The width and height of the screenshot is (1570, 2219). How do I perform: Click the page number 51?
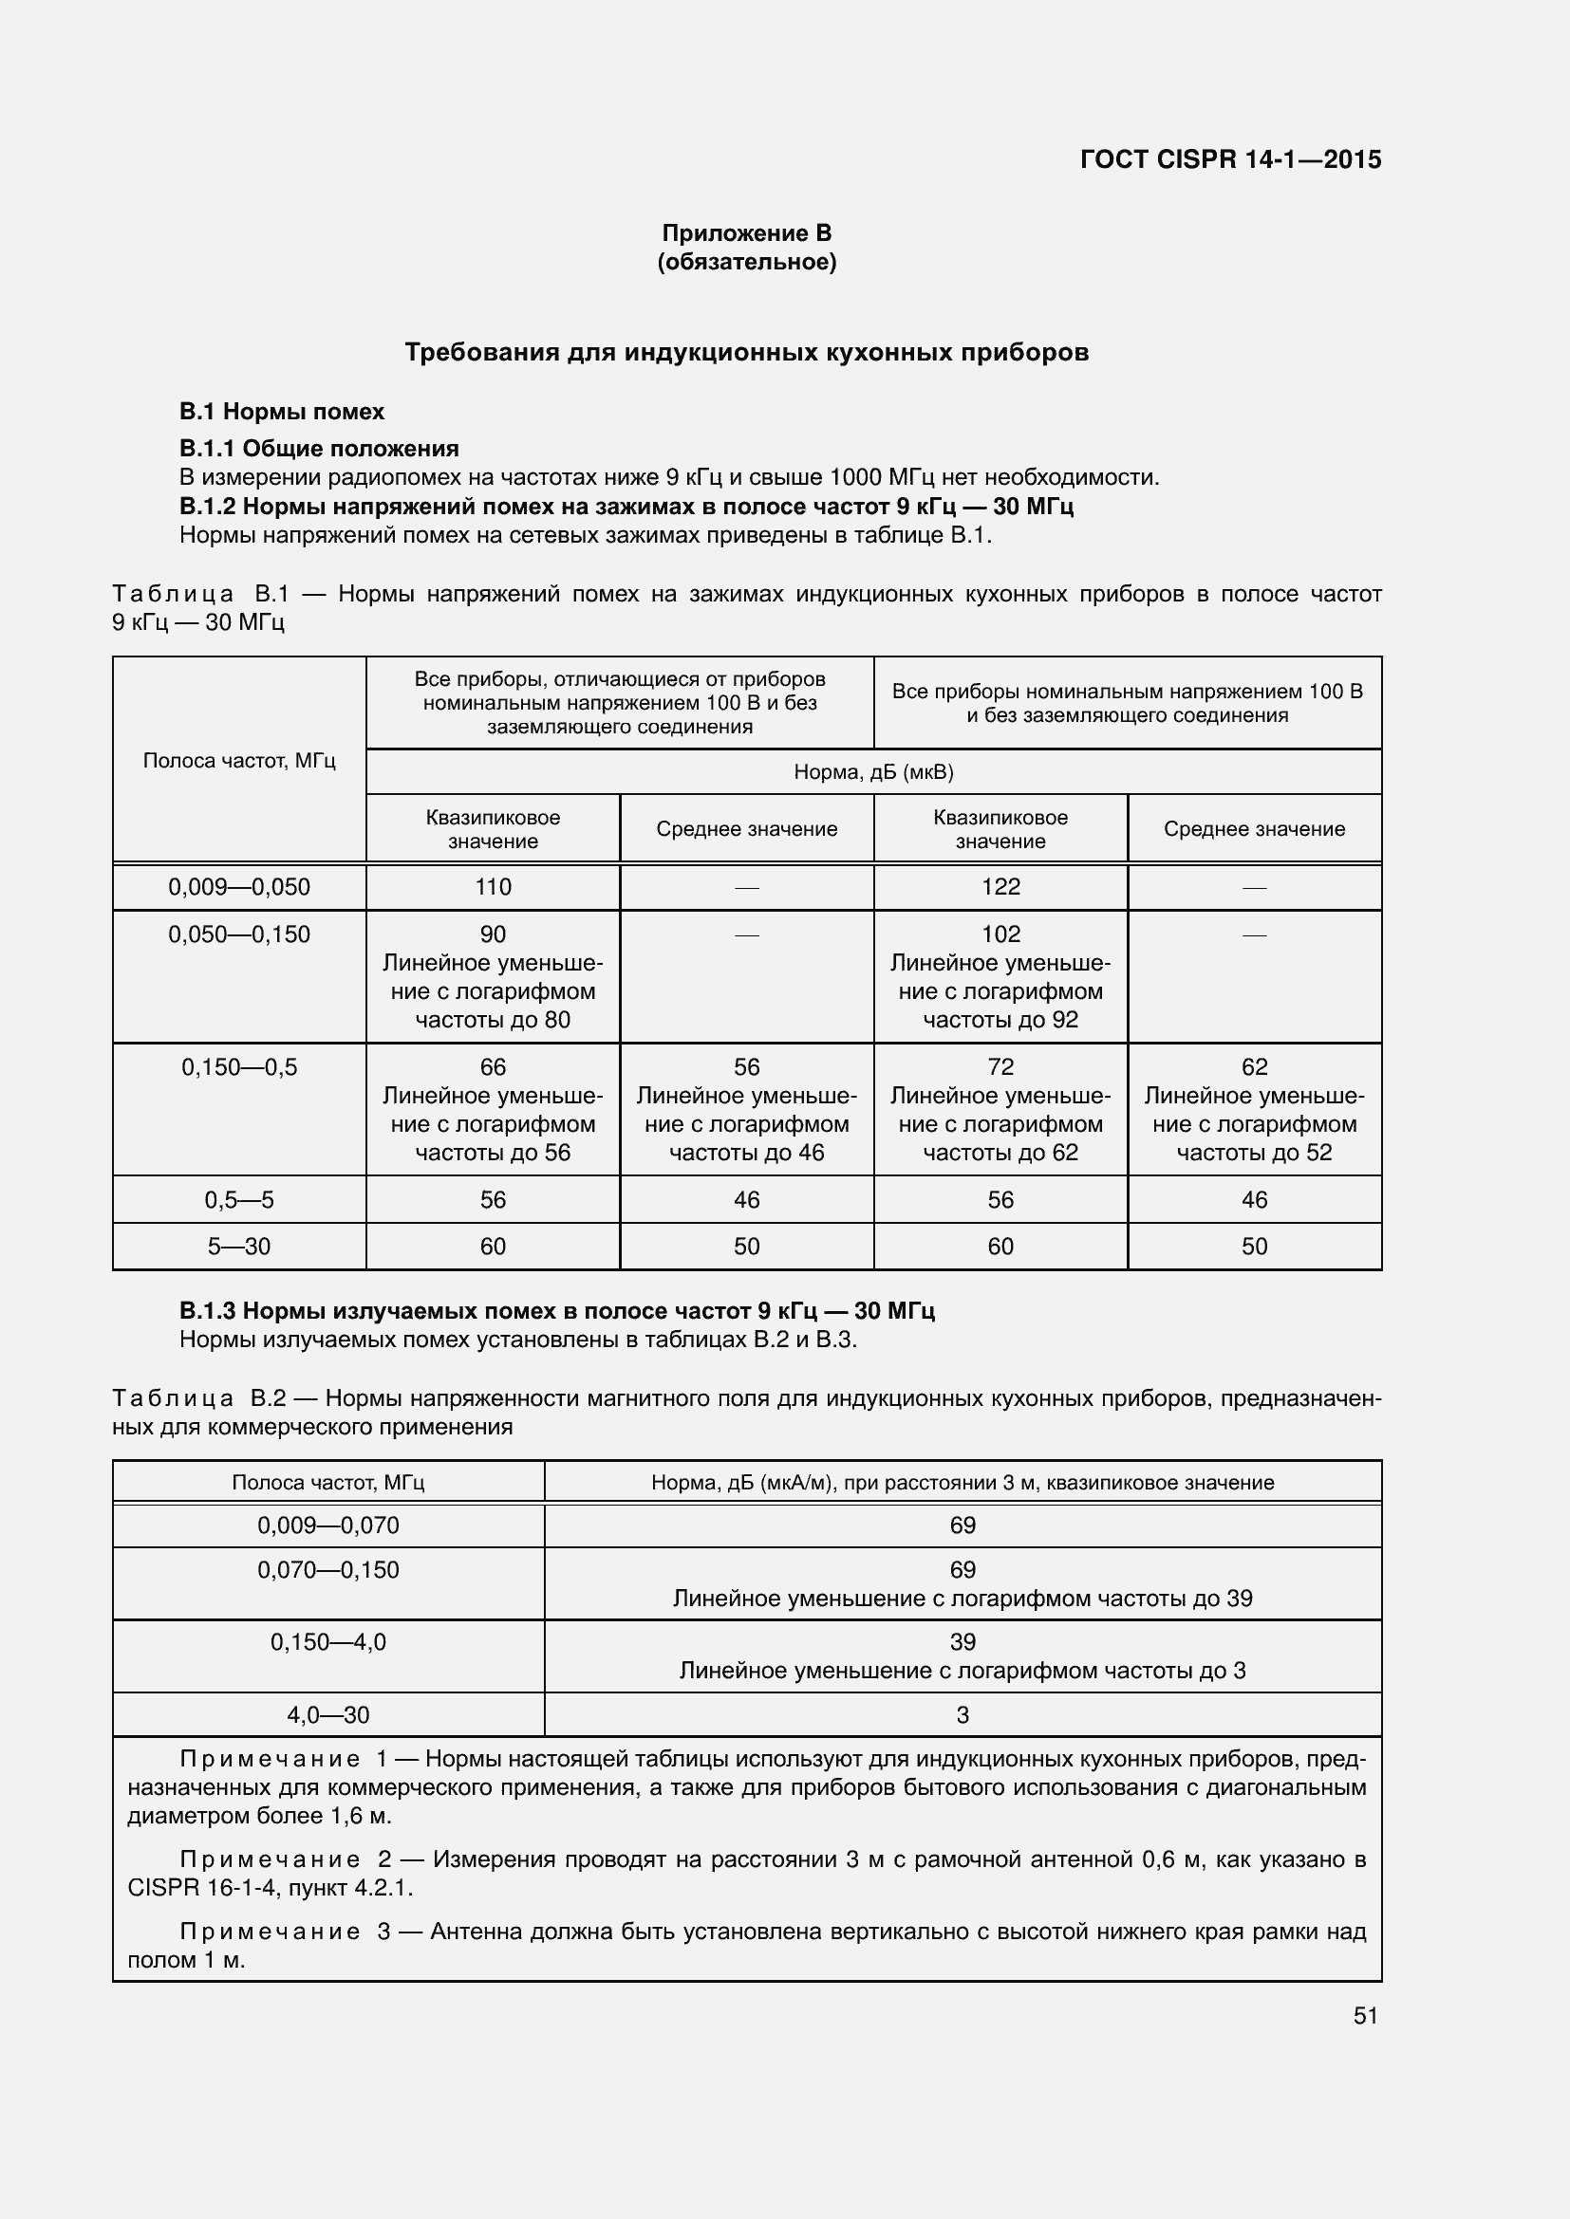[x=1364, y=2015]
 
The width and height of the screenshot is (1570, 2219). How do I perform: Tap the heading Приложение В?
[x=746, y=233]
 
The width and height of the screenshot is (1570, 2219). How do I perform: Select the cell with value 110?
[x=492, y=886]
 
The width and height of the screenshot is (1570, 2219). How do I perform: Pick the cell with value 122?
[x=1000, y=886]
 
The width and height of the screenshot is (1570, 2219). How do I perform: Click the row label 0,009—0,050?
[x=239, y=886]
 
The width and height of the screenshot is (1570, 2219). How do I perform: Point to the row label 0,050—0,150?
[x=239, y=934]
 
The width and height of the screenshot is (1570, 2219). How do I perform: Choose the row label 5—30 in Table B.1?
[x=239, y=1246]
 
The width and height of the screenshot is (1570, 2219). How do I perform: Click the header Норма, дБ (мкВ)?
[x=873, y=771]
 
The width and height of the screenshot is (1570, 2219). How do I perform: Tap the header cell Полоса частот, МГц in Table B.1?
[x=239, y=760]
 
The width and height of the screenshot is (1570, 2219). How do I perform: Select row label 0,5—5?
[x=239, y=1199]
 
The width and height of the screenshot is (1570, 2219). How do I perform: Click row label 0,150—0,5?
[x=239, y=1067]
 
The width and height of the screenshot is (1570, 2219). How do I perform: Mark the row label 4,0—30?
[x=327, y=1714]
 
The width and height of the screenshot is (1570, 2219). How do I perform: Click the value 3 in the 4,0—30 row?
[x=962, y=1714]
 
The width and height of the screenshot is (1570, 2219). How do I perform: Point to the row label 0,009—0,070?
[x=327, y=1526]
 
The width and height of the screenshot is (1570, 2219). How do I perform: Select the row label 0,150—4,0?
[x=327, y=1642]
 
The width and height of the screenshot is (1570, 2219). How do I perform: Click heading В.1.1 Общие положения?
[x=319, y=449]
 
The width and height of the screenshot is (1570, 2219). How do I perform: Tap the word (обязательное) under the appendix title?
[x=746, y=262]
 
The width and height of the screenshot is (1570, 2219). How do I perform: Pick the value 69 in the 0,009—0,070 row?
[x=962, y=1526]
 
